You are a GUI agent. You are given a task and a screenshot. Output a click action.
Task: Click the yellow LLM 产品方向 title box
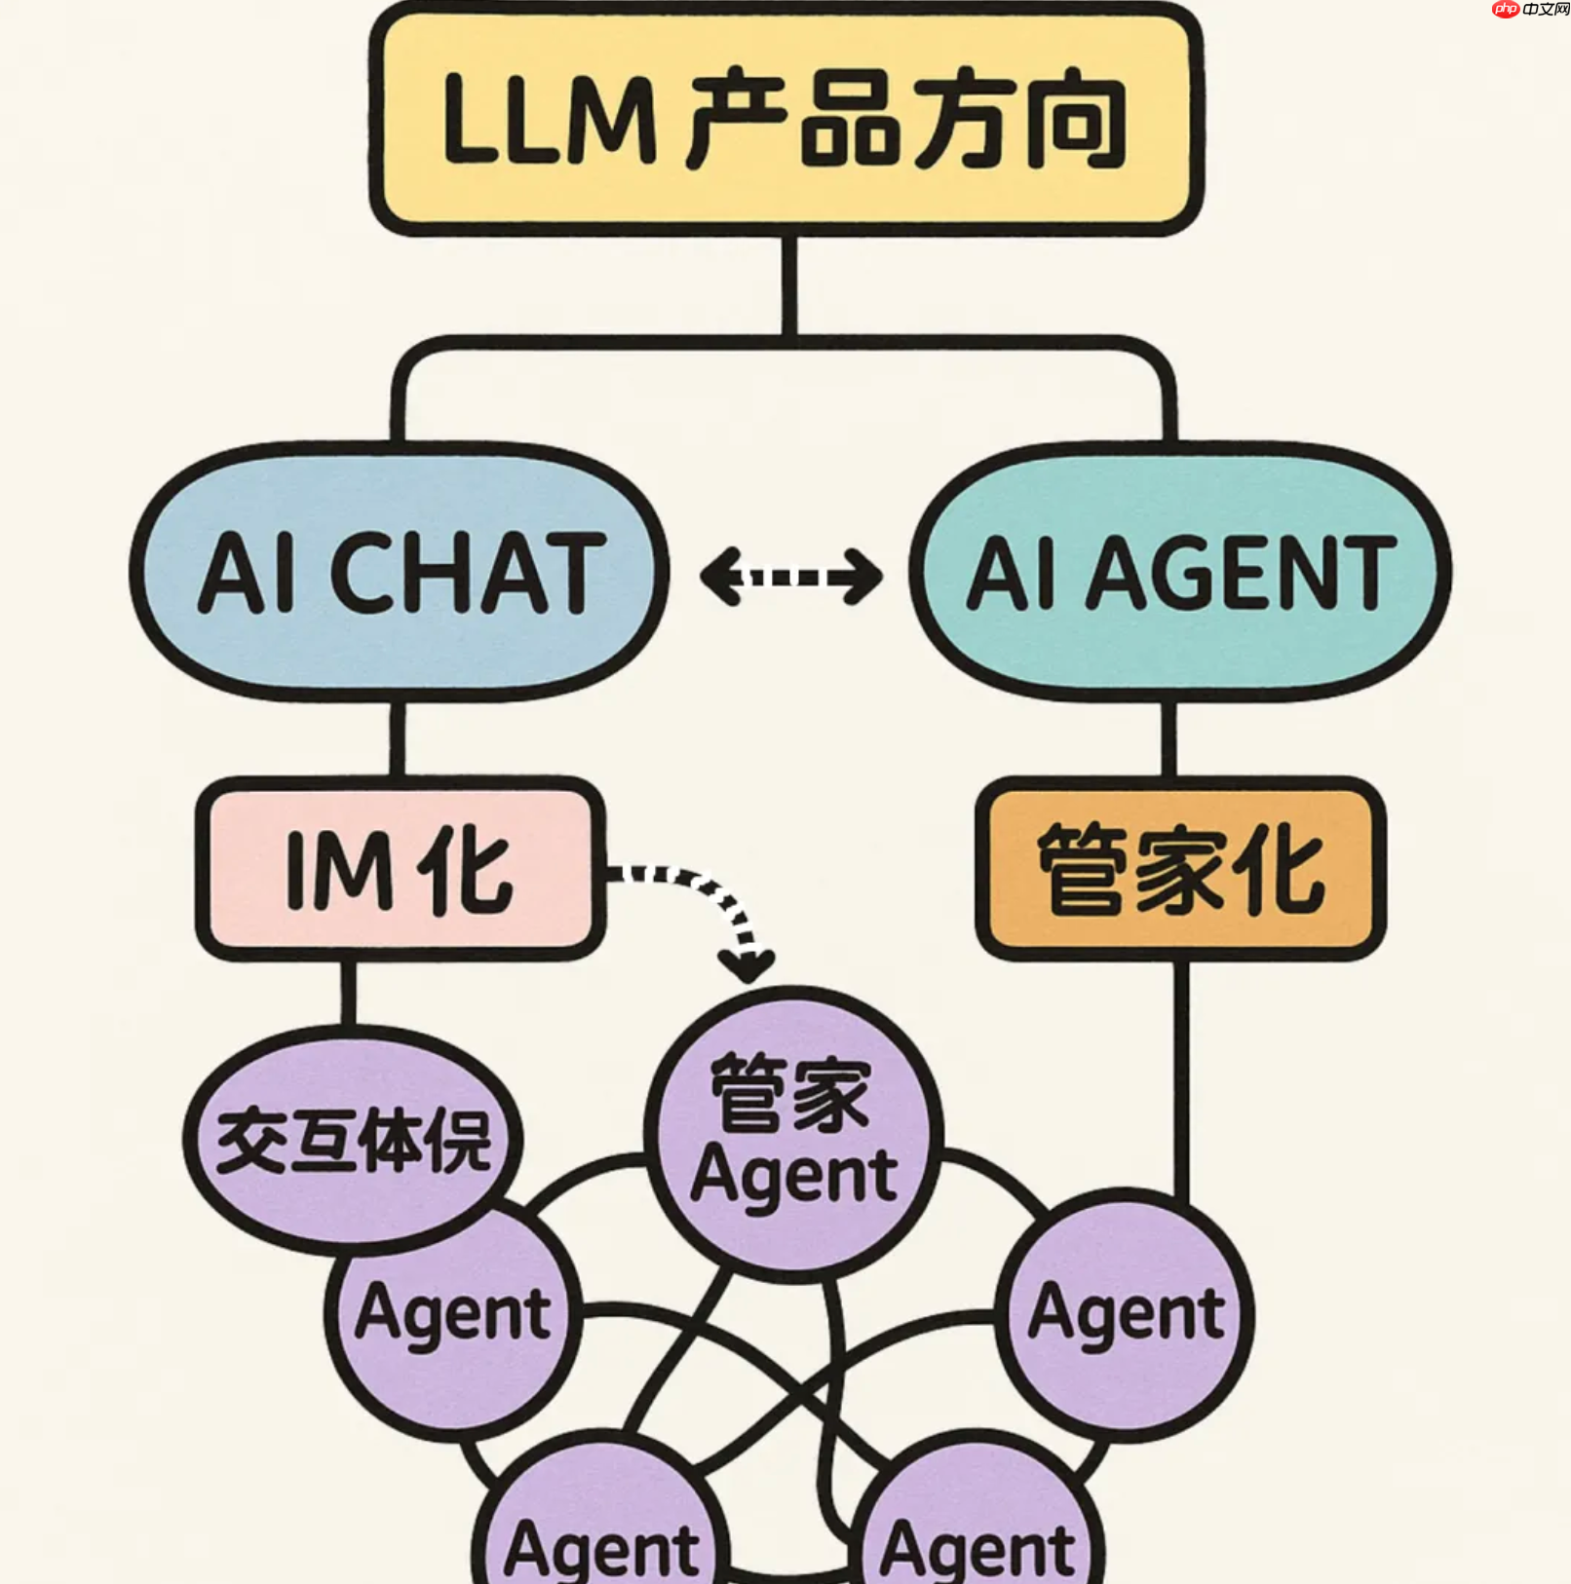785,119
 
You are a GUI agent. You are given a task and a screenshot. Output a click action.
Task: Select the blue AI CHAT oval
400,572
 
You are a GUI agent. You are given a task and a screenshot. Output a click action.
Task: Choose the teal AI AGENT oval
1179,572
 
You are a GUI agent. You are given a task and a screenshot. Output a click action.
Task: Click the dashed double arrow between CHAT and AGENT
790,577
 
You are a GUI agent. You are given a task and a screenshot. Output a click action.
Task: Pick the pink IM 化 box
400,869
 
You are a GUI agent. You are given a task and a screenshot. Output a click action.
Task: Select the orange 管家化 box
1180,869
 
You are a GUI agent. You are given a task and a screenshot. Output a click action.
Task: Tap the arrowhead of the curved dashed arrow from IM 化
747,966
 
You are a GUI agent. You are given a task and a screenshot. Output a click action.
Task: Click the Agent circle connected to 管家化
1127,1315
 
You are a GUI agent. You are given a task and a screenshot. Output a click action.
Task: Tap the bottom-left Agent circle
601,1529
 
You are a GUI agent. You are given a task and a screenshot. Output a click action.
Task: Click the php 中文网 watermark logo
1530,10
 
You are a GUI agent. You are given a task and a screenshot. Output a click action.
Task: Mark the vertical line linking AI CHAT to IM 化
398,738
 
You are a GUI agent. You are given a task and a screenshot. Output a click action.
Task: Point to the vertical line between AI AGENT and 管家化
1169,738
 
